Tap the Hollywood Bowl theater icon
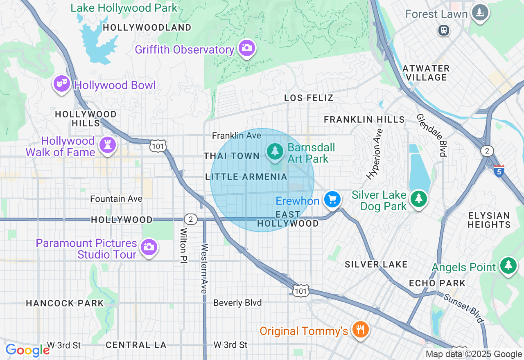click(61, 84)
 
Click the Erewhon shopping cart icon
click(332, 199)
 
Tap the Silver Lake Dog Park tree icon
click(418, 198)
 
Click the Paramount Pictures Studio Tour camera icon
click(149, 247)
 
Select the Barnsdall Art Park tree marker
click(275, 151)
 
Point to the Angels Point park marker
click(508, 265)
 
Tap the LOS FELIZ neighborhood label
click(309, 98)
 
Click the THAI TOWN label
click(231, 156)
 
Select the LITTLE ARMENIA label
click(246, 177)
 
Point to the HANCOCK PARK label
click(65, 303)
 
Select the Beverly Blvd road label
click(237, 303)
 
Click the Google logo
click(27, 350)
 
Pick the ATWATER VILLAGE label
click(426, 73)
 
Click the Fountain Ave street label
click(116, 199)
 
